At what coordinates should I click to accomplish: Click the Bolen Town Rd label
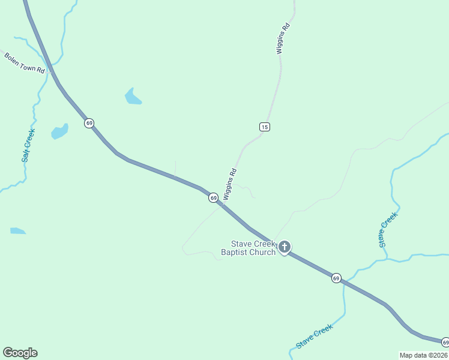(x=25, y=63)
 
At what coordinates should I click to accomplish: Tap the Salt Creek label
(x=28, y=146)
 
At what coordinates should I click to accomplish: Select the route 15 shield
(x=265, y=126)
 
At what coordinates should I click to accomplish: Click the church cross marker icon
(x=284, y=247)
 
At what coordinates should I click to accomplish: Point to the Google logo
(x=20, y=353)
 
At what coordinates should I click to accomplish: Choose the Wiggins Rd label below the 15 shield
(x=230, y=184)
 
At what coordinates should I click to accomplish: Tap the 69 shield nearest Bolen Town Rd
(x=89, y=123)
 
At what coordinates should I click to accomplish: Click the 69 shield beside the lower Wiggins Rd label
(x=213, y=197)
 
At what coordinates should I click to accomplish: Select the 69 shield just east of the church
(x=336, y=278)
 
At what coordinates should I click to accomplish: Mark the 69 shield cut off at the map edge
(x=445, y=342)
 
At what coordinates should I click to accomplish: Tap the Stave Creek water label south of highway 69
(x=314, y=337)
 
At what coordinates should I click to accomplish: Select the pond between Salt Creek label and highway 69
(x=59, y=131)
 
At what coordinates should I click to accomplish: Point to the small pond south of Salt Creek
(x=17, y=230)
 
